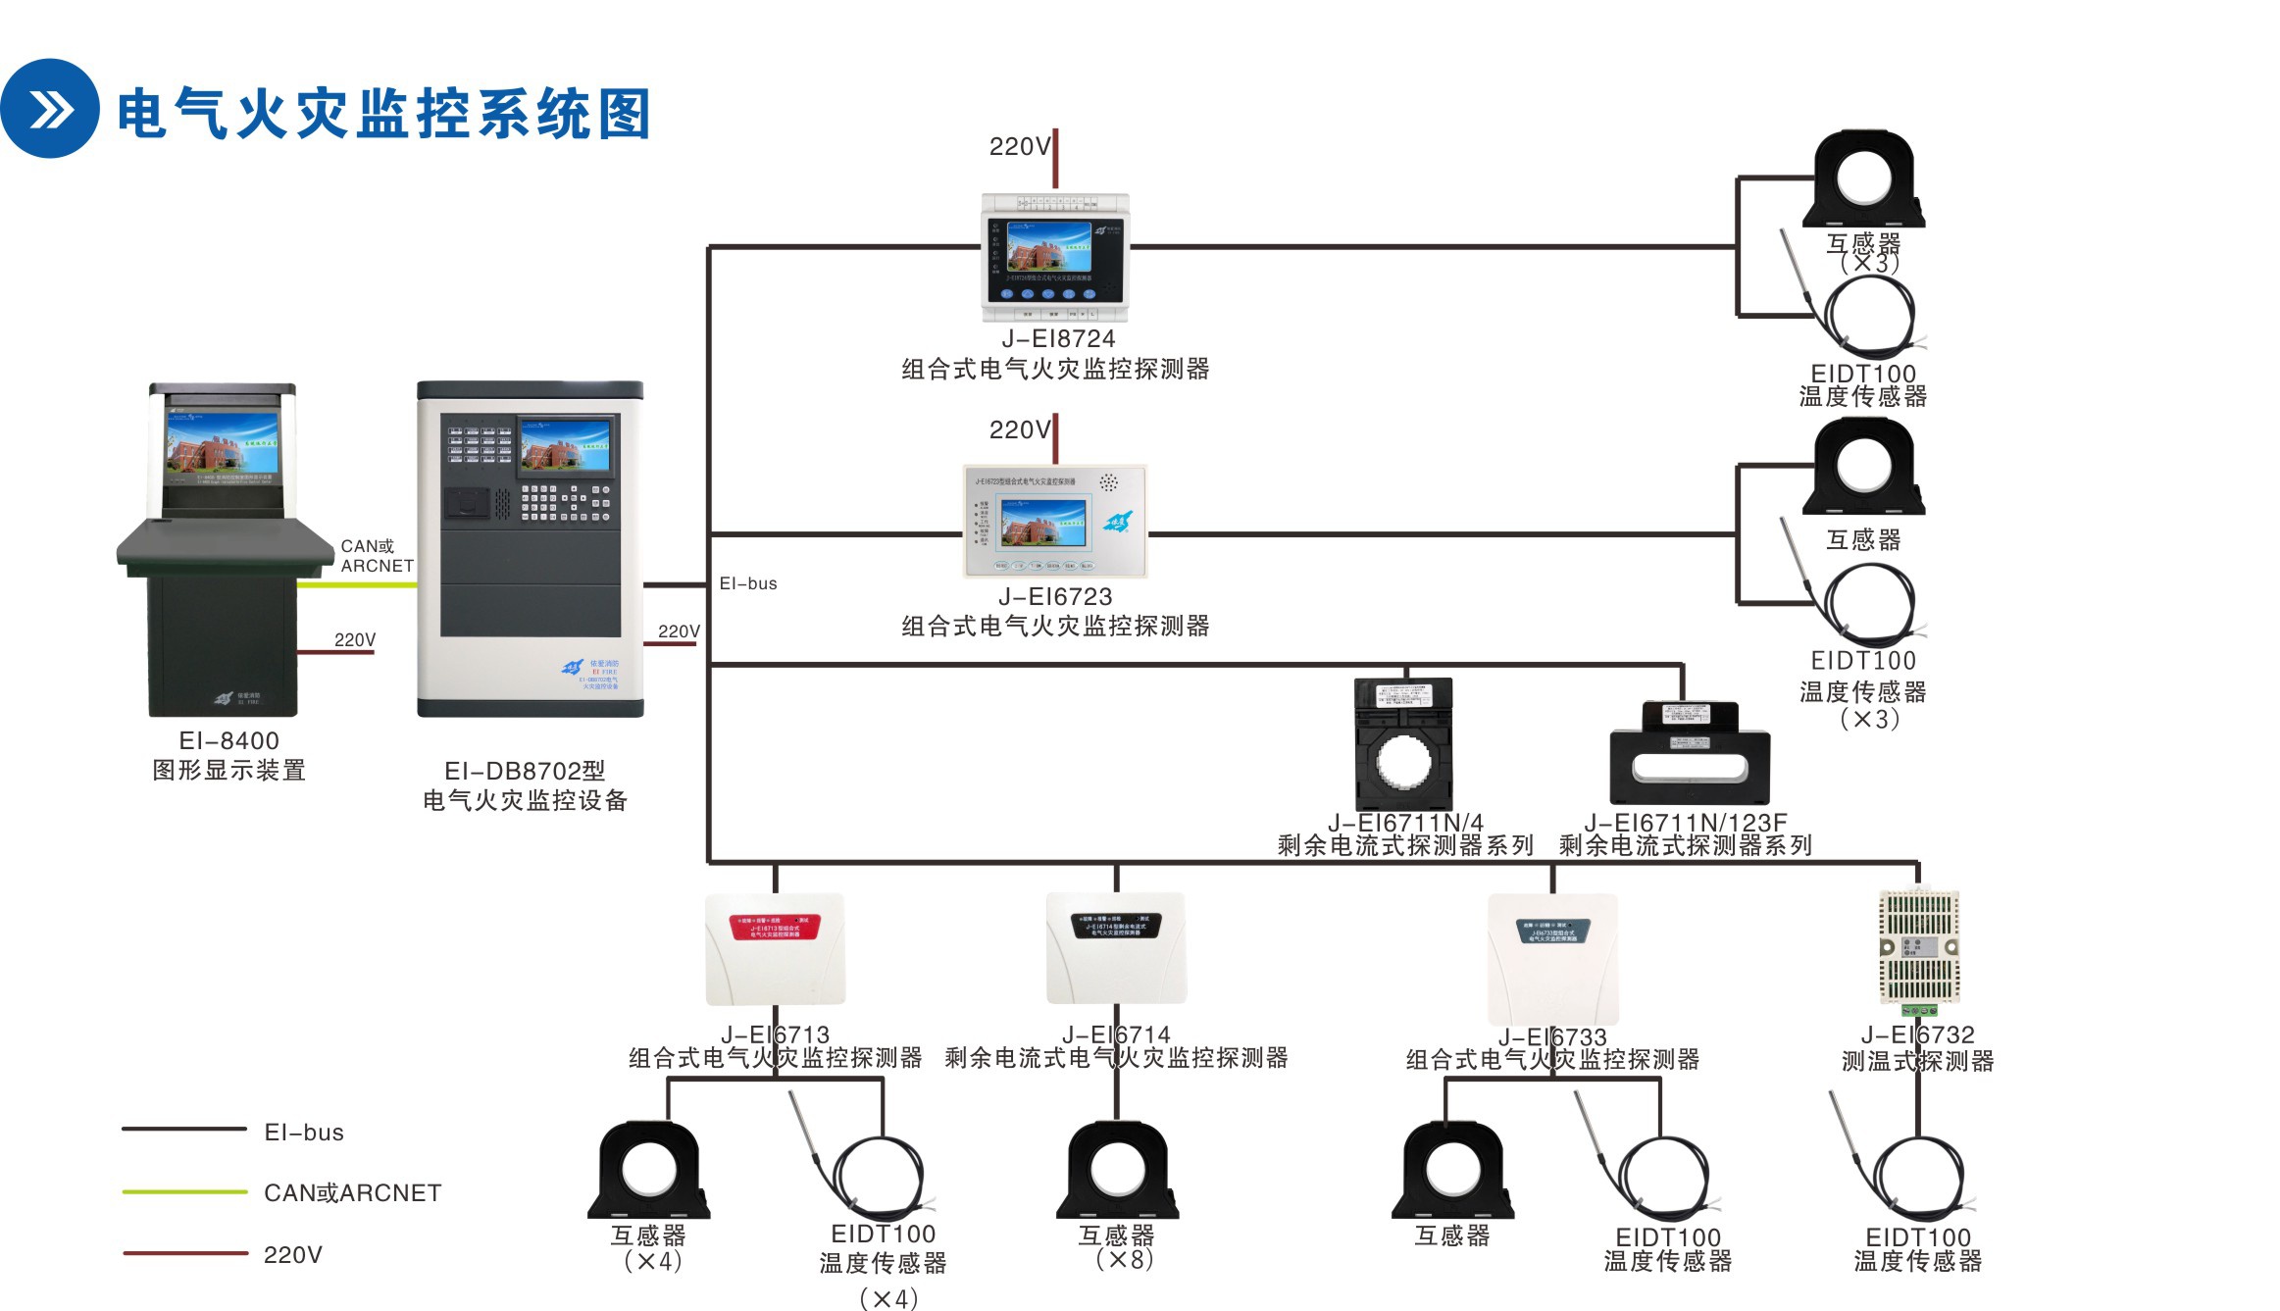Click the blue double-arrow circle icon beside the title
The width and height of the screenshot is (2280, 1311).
point(49,108)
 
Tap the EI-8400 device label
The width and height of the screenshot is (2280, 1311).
point(228,740)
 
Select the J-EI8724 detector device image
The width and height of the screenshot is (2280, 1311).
point(1055,258)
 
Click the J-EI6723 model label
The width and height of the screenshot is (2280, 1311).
point(1055,596)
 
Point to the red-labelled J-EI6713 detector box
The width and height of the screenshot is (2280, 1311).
point(775,948)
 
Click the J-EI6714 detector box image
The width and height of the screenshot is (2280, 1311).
point(1116,948)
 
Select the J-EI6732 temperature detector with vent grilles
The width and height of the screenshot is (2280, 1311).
point(1918,947)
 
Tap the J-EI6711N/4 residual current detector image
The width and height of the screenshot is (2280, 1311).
point(1403,743)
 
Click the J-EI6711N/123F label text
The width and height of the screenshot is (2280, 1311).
point(1685,822)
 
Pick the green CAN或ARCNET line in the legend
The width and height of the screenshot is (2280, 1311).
point(184,1191)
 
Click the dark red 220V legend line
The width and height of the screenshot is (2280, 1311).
point(184,1252)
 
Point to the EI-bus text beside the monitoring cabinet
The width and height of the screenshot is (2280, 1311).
point(748,583)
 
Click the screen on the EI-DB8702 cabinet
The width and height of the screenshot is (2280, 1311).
point(565,446)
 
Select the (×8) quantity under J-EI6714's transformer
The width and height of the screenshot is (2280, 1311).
point(1124,1259)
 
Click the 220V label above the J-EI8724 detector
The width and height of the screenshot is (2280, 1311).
point(1019,147)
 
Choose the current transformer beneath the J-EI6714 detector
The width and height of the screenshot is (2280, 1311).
point(1117,1170)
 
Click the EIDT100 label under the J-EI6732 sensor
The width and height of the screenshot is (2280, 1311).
point(1917,1236)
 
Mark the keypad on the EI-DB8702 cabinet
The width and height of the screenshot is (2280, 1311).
point(565,502)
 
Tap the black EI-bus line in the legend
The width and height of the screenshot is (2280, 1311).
point(184,1129)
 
